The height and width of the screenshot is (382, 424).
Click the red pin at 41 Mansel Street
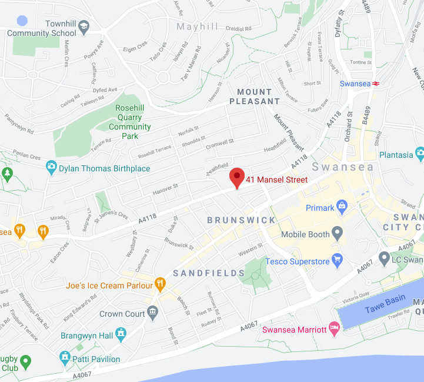(236, 177)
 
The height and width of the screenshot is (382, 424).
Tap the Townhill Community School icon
(84, 26)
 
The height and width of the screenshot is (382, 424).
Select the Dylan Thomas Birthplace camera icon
(52, 168)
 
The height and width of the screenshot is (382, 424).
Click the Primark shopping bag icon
(342, 207)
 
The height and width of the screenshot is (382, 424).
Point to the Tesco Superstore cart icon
(337, 260)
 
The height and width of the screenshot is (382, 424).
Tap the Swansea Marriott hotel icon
(335, 327)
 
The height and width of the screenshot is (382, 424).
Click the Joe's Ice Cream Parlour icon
(159, 285)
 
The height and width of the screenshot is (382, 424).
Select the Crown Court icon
(153, 312)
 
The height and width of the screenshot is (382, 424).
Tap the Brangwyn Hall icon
(121, 334)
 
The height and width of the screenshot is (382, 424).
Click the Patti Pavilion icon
(65, 357)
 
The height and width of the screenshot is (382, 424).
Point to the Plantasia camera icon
(419, 154)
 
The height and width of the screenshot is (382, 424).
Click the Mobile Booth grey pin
(337, 233)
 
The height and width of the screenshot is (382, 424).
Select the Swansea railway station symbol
(376, 84)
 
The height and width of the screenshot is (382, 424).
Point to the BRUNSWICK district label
(241, 220)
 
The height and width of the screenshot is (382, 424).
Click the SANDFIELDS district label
(209, 273)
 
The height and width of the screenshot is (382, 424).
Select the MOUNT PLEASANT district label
(258, 97)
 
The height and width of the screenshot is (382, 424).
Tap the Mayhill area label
(197, 27)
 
